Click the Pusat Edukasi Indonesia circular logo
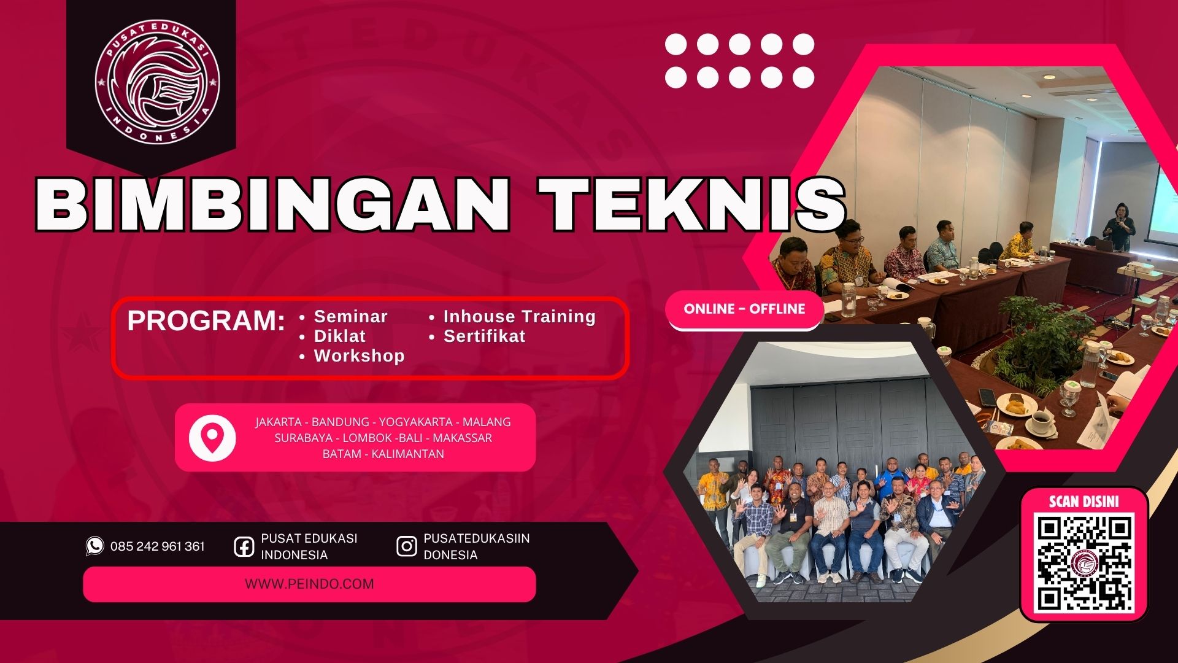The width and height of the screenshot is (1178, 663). [x=158, y=81]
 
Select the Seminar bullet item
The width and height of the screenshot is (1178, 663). [x=350, y=317]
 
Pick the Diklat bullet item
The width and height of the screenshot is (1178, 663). [x=339, y=336]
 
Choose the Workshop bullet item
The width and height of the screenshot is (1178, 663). [x=359, y=356]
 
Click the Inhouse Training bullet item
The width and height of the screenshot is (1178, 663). [x=519, y=317]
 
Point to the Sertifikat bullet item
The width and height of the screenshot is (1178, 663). [x=484, y=336]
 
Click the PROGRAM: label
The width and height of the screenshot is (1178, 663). [x=206, y=321]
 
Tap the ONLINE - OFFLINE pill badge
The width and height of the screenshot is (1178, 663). [x=744, y=309]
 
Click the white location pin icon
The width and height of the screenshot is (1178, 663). [x=212, y=438]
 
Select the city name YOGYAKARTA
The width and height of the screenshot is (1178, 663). [x=415, y=422]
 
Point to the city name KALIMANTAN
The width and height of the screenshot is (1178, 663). [x=407, y=454]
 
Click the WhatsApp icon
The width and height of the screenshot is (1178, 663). [x=94, y=546]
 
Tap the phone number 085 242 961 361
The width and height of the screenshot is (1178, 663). [x=158, y=546]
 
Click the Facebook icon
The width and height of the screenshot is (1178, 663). [x=244, y=546]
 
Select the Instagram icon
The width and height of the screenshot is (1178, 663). [x=406, y=546]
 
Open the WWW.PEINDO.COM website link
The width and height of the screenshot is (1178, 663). [x=309, y=584]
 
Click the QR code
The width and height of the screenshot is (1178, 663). [x=1084, y=564]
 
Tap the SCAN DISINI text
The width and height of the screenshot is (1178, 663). [x=1084, y=502]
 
